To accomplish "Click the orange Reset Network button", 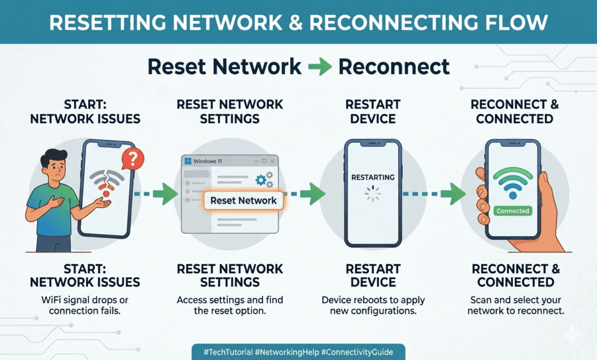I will (244, 200).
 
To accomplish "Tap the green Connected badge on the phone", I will (512, 211).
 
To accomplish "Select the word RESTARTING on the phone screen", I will (373, 177).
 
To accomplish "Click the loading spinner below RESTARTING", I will (373, 194).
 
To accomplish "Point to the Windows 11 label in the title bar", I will (208, 162).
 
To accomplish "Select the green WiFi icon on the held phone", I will (512, 184).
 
